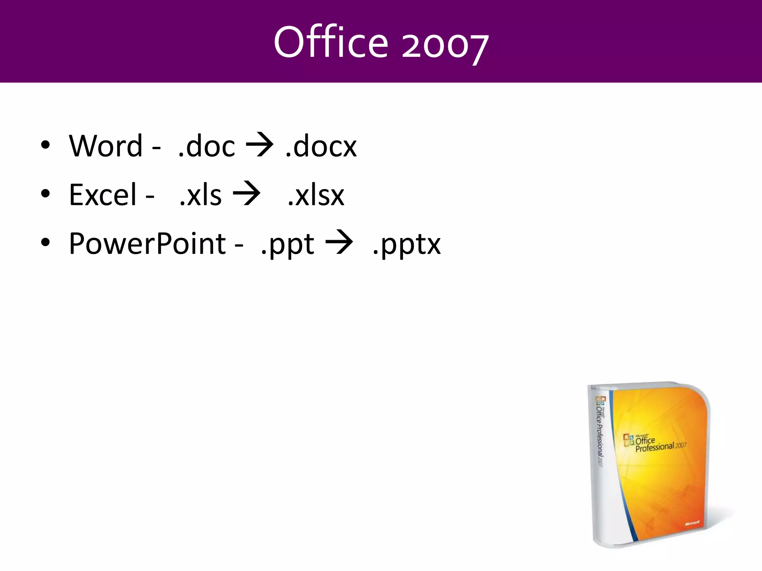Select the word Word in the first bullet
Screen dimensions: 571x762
click(106, 146)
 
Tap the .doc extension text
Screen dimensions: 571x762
click(206, 146)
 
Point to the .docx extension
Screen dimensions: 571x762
click(321, 146)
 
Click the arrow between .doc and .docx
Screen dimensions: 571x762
click(259, 145)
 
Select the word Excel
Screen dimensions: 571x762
click(103, 195)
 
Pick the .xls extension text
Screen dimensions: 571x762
click(200, 195)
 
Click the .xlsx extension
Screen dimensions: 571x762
click(316, 195)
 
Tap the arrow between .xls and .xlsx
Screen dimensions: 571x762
click(246, 194)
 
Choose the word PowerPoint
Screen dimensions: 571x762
click(147, 244)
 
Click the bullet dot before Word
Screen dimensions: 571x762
click(45, 145)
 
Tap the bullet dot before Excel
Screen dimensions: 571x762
click(45, 194)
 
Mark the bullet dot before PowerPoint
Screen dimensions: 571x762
click(45, 243)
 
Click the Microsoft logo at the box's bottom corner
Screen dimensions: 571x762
click(692, 523)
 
